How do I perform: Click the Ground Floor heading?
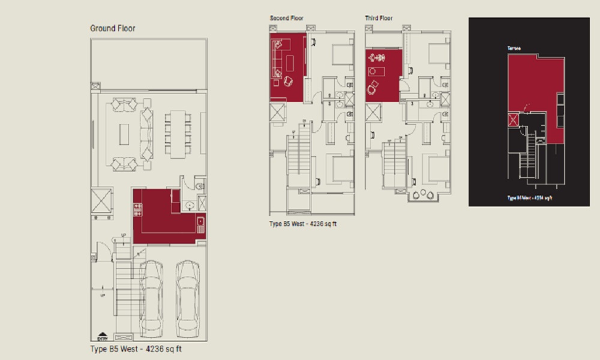click(x=113, y=28)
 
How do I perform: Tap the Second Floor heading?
click(x=286, y=19)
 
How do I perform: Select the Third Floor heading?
click(x=379, y=19)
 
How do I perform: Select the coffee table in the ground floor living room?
click(x=124, y=134)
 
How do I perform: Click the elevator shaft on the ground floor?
click(x=101, y=201)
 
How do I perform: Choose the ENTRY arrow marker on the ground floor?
click(x=102, y=337)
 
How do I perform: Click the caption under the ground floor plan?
click(x=140, y=348)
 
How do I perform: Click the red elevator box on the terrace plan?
click(x=513, y=119)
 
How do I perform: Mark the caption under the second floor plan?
click(x=303, y=224)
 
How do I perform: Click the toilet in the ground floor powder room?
click(x=200, y=187)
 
